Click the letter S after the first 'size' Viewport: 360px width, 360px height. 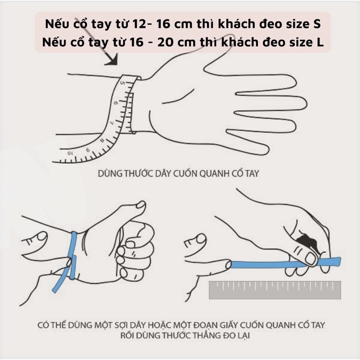(317, 24)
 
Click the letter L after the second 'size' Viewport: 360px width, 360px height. (320, 42)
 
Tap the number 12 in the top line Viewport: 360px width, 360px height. (139, 24)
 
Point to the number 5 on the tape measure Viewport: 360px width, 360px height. (123, 83)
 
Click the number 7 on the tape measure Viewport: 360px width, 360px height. (112, 122)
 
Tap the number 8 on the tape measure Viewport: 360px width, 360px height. (102, 140)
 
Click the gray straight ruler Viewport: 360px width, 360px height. (275, 290)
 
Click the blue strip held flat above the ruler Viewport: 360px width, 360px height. (285, 263)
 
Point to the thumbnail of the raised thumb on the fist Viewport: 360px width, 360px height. (141, 205)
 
